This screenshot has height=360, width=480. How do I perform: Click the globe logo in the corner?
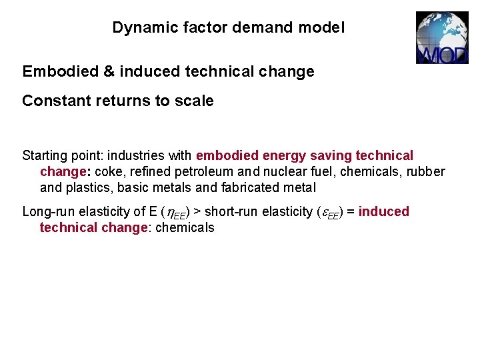(442, 37)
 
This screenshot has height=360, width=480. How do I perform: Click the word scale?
(194, 101)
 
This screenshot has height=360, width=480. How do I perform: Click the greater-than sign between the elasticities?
(197, 212)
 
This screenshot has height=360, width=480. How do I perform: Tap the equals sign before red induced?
(351, 212)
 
